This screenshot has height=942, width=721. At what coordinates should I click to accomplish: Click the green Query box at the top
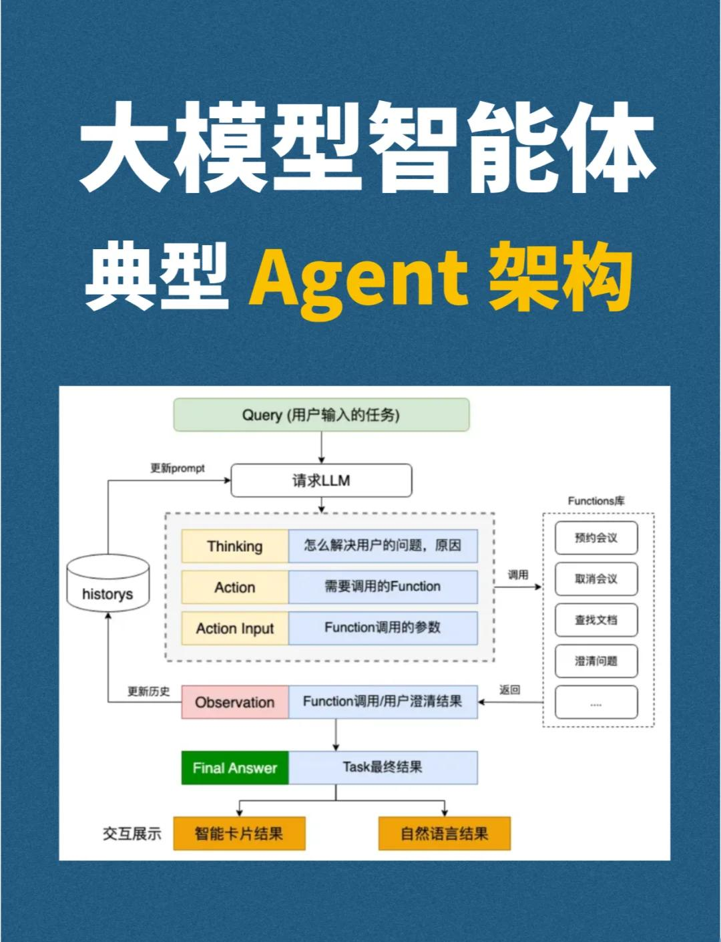[x=321, y=415]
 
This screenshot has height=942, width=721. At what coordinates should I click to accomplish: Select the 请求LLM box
[x=321, y=481]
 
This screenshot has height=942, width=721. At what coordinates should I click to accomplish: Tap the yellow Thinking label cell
[x=235, y=546]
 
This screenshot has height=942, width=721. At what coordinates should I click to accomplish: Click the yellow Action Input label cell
[x=235, y=628]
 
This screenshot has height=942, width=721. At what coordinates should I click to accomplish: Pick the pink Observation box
[x=235, y=702]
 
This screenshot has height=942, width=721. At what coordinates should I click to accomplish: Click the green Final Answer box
[x=235, y=768]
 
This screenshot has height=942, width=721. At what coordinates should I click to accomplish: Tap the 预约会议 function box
[x=596, y=538]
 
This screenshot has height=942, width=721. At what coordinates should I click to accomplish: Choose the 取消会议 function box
[x=596, y=579]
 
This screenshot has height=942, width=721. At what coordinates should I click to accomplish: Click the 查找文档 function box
[x=596, y=620]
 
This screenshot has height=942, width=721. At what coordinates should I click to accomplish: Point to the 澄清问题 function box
[x=596, y=661]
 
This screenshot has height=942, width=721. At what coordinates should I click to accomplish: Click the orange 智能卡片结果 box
[x=239, y=833]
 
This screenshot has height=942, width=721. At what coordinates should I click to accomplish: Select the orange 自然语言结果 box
[x=444, y=833]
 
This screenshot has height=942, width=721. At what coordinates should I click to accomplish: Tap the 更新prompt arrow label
[x=178, y=468]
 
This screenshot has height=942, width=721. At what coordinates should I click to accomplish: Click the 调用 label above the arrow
[x=518, y=575]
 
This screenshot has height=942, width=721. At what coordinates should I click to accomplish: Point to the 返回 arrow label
[x=509, y=690]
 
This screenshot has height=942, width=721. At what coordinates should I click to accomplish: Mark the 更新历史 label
[x=149, y=691]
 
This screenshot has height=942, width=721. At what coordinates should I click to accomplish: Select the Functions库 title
[x=596, y=500]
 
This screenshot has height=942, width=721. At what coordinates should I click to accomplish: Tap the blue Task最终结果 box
[x=383, y=768]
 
